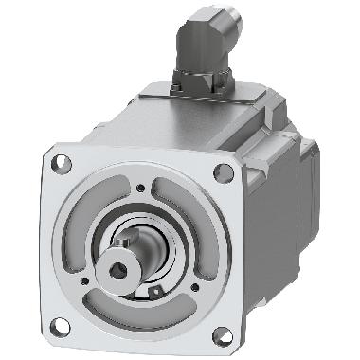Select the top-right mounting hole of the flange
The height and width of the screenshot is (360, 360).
pos(223,171)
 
